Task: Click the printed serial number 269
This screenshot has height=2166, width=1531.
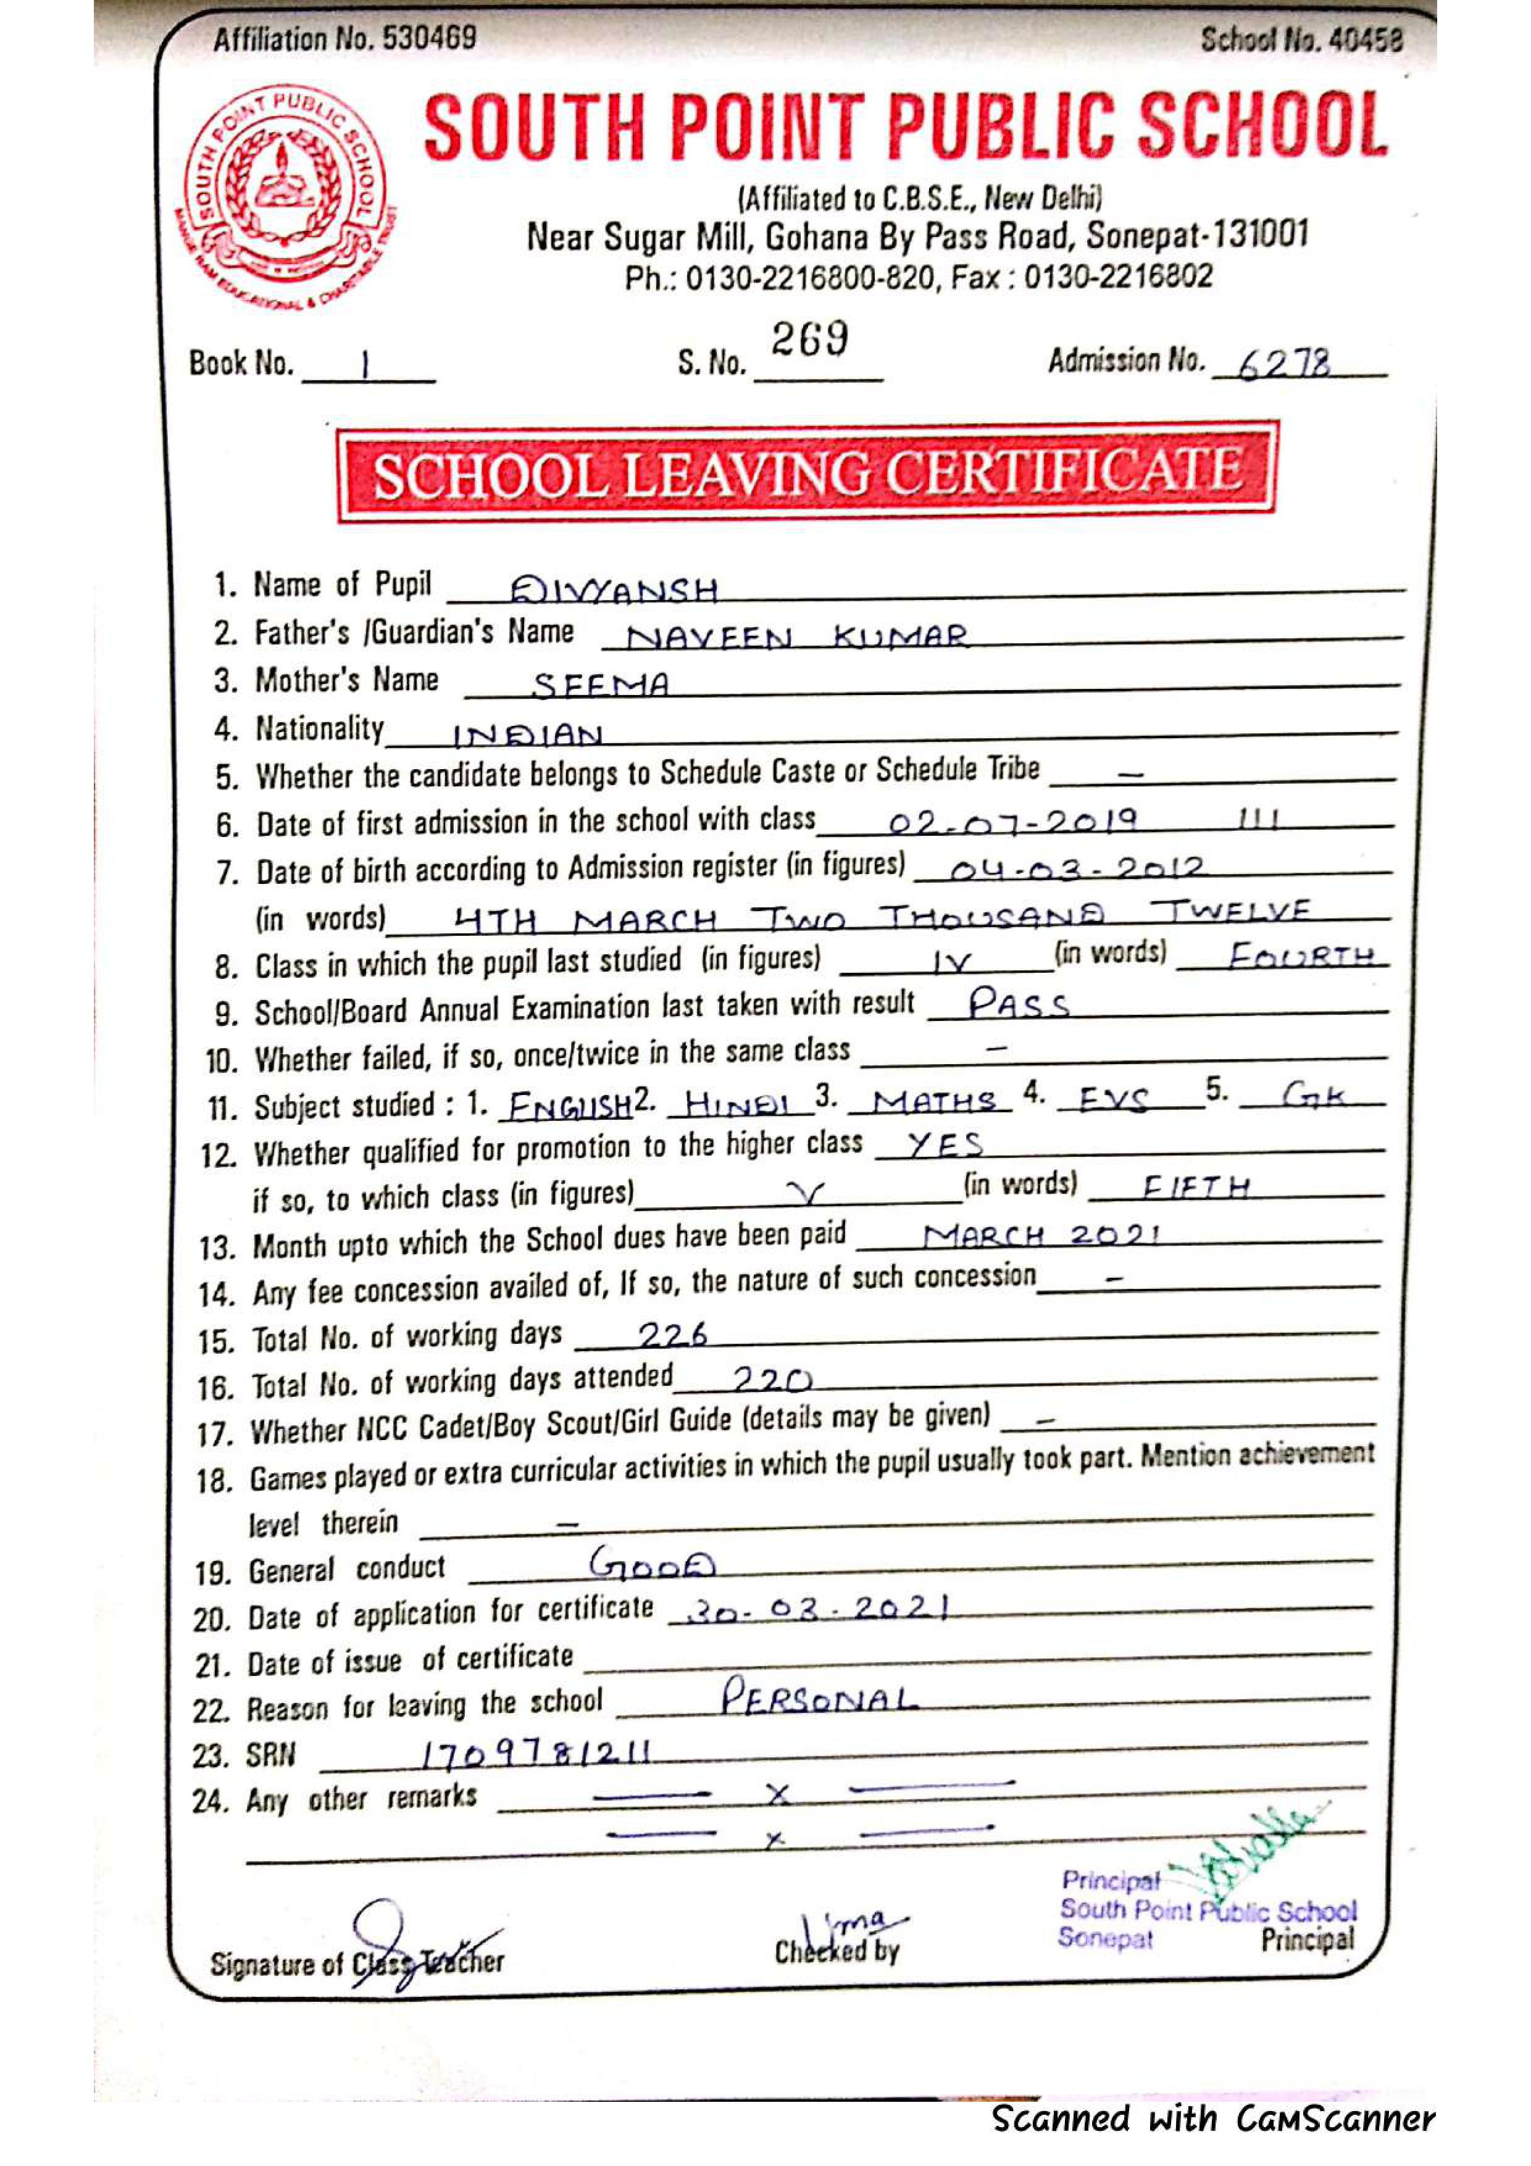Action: tap(809, 339)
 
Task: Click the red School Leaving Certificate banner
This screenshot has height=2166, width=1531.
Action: tap(806, 473)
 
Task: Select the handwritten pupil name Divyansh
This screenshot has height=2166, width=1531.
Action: tap(614, 591)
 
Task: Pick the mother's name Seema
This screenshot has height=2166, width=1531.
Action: tap(601, 685)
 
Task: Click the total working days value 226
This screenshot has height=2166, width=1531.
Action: tap(672, 1335)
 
